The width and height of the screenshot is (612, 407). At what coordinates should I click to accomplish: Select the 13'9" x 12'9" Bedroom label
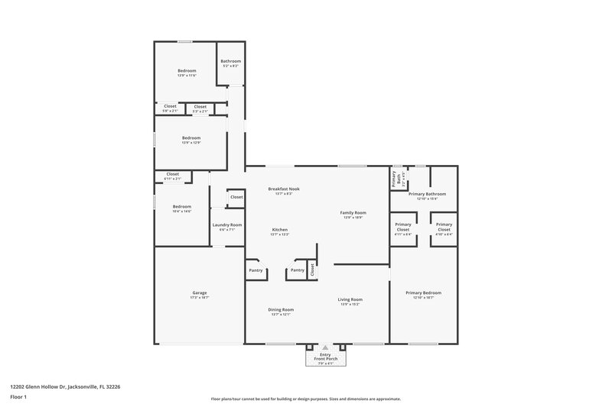[x=190, y=140]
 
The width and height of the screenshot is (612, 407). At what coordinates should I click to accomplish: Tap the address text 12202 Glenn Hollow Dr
[x=65, y=386]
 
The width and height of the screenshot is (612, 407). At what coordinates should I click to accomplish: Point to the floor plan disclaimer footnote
[x=305, y=399]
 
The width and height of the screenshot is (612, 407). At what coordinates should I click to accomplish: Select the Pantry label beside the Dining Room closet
[x=298, y=270]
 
